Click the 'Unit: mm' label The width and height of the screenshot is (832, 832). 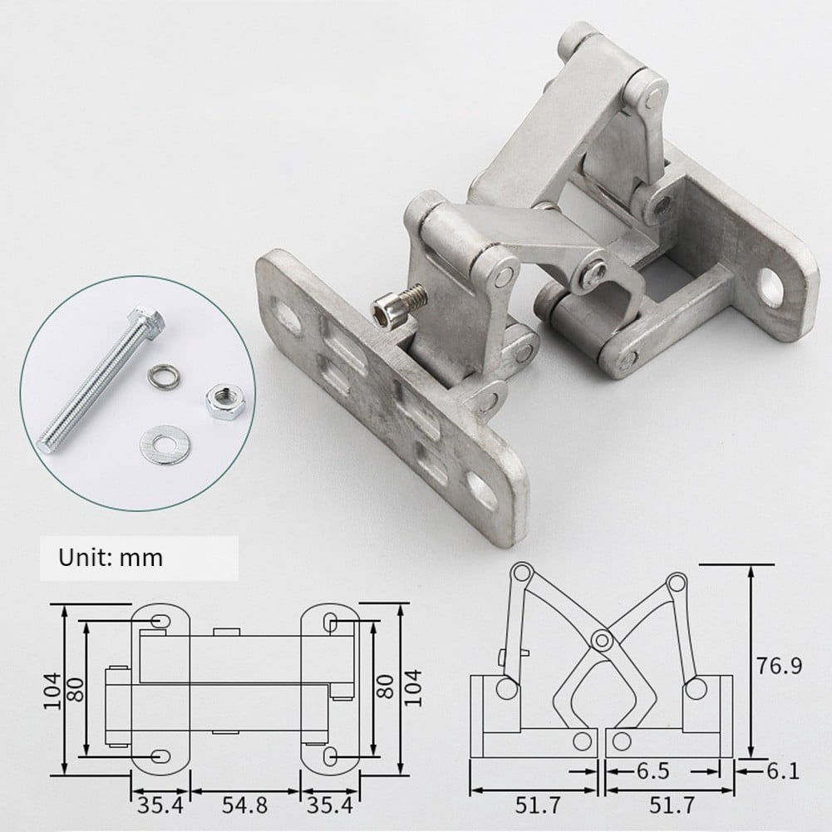pos(111,557)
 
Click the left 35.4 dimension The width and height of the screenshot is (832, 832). pos(160,805)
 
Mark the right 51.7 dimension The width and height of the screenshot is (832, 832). pos(670,805)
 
